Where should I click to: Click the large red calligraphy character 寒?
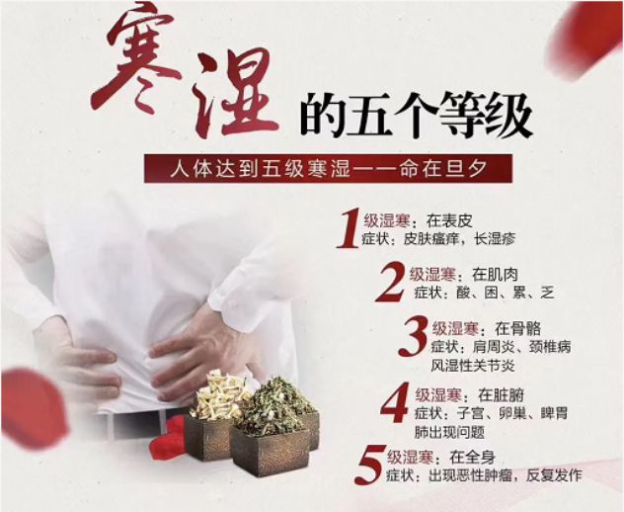(135, 59)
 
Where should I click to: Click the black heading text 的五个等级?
(417, 115)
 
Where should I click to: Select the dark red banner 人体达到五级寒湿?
(328, 169)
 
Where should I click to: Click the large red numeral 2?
(391, 283)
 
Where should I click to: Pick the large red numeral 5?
(369, 465)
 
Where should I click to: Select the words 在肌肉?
(495, 275)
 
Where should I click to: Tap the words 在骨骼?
(517, 329)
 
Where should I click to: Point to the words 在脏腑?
(501, 395)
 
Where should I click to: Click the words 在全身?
(472, 458)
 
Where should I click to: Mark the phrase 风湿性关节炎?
(473, 366)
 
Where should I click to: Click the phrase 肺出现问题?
(449, 432)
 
